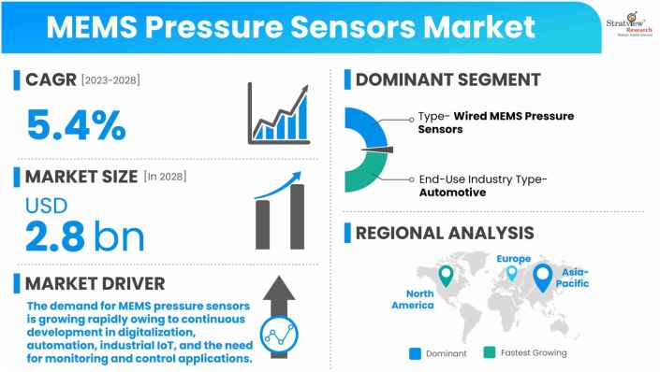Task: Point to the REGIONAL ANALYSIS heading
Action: click(x=444, y=233)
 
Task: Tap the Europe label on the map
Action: click(x=513, y=259)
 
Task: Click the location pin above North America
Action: click(x=447, y=276)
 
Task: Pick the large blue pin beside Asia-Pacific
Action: click(x=542, y=277)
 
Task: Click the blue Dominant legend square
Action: click(x=415, y=352)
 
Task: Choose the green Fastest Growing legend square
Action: click(x=490, y=352)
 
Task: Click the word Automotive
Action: click(x=452, y=193)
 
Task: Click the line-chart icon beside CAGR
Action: click(x=279, y=114)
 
